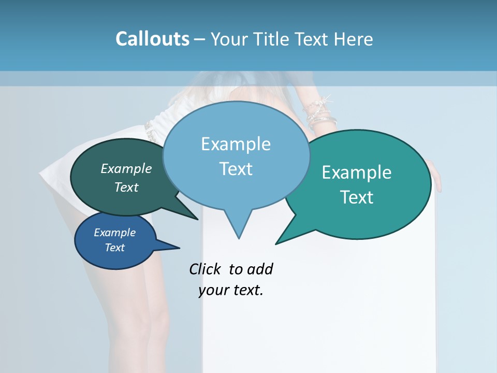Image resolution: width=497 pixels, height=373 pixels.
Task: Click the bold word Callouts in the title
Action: pos(152,39)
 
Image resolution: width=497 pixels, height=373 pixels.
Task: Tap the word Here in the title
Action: pos(354,39)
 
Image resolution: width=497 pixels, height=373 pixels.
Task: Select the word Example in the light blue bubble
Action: pos(236,144)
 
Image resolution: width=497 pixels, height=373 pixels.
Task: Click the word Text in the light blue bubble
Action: pos(236,168)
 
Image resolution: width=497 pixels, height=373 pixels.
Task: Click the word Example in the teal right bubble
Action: pos(357,173)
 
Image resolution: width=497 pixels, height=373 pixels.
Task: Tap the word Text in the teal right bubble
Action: pos(357,197)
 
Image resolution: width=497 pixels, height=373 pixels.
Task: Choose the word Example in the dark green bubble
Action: pos(126,168)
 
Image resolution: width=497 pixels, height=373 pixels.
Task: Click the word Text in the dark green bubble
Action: pos(126,187)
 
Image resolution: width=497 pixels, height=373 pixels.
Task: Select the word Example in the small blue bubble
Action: pos(114,233)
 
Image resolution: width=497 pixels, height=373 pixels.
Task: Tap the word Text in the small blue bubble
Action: pos(114,248)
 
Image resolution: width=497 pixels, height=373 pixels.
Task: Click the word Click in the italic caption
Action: pos(205,269)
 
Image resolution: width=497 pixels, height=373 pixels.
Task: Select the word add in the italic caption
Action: pos(260,269)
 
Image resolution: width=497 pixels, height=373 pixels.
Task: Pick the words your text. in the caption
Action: pos(231,290)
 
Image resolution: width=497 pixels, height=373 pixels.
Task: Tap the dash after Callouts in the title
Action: pos(200,39)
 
